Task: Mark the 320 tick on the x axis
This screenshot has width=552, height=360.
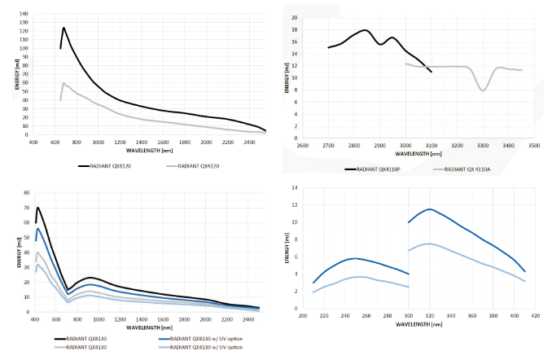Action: [x=430, y=314]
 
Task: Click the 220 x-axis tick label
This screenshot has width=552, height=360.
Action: [x=324, y=314]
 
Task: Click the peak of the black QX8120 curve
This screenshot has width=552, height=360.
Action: [x=64, y=28]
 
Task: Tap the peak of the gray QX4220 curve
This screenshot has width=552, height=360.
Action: [x=64, y=82]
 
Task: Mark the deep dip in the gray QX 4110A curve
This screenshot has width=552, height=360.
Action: [x=484, y=90]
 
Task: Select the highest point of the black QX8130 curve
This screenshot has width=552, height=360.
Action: [x=37, y=207]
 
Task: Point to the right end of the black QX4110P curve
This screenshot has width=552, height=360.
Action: [x=431, y=72]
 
